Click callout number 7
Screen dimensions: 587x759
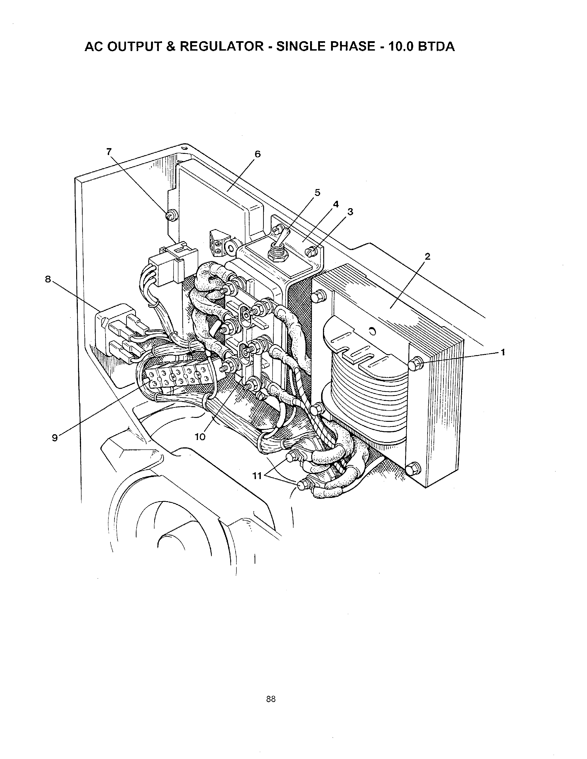pos(109,152)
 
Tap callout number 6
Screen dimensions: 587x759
pos(257,154)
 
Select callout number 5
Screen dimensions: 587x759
pos(317,193)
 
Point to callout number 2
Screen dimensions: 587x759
pos(427,256)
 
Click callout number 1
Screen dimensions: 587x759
pos(502,352)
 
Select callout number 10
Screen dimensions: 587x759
pos(200,437)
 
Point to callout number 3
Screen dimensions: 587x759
pos(350,212)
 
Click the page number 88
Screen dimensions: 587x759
pos(271,699)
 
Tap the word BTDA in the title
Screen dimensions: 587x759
pos(436,46)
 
